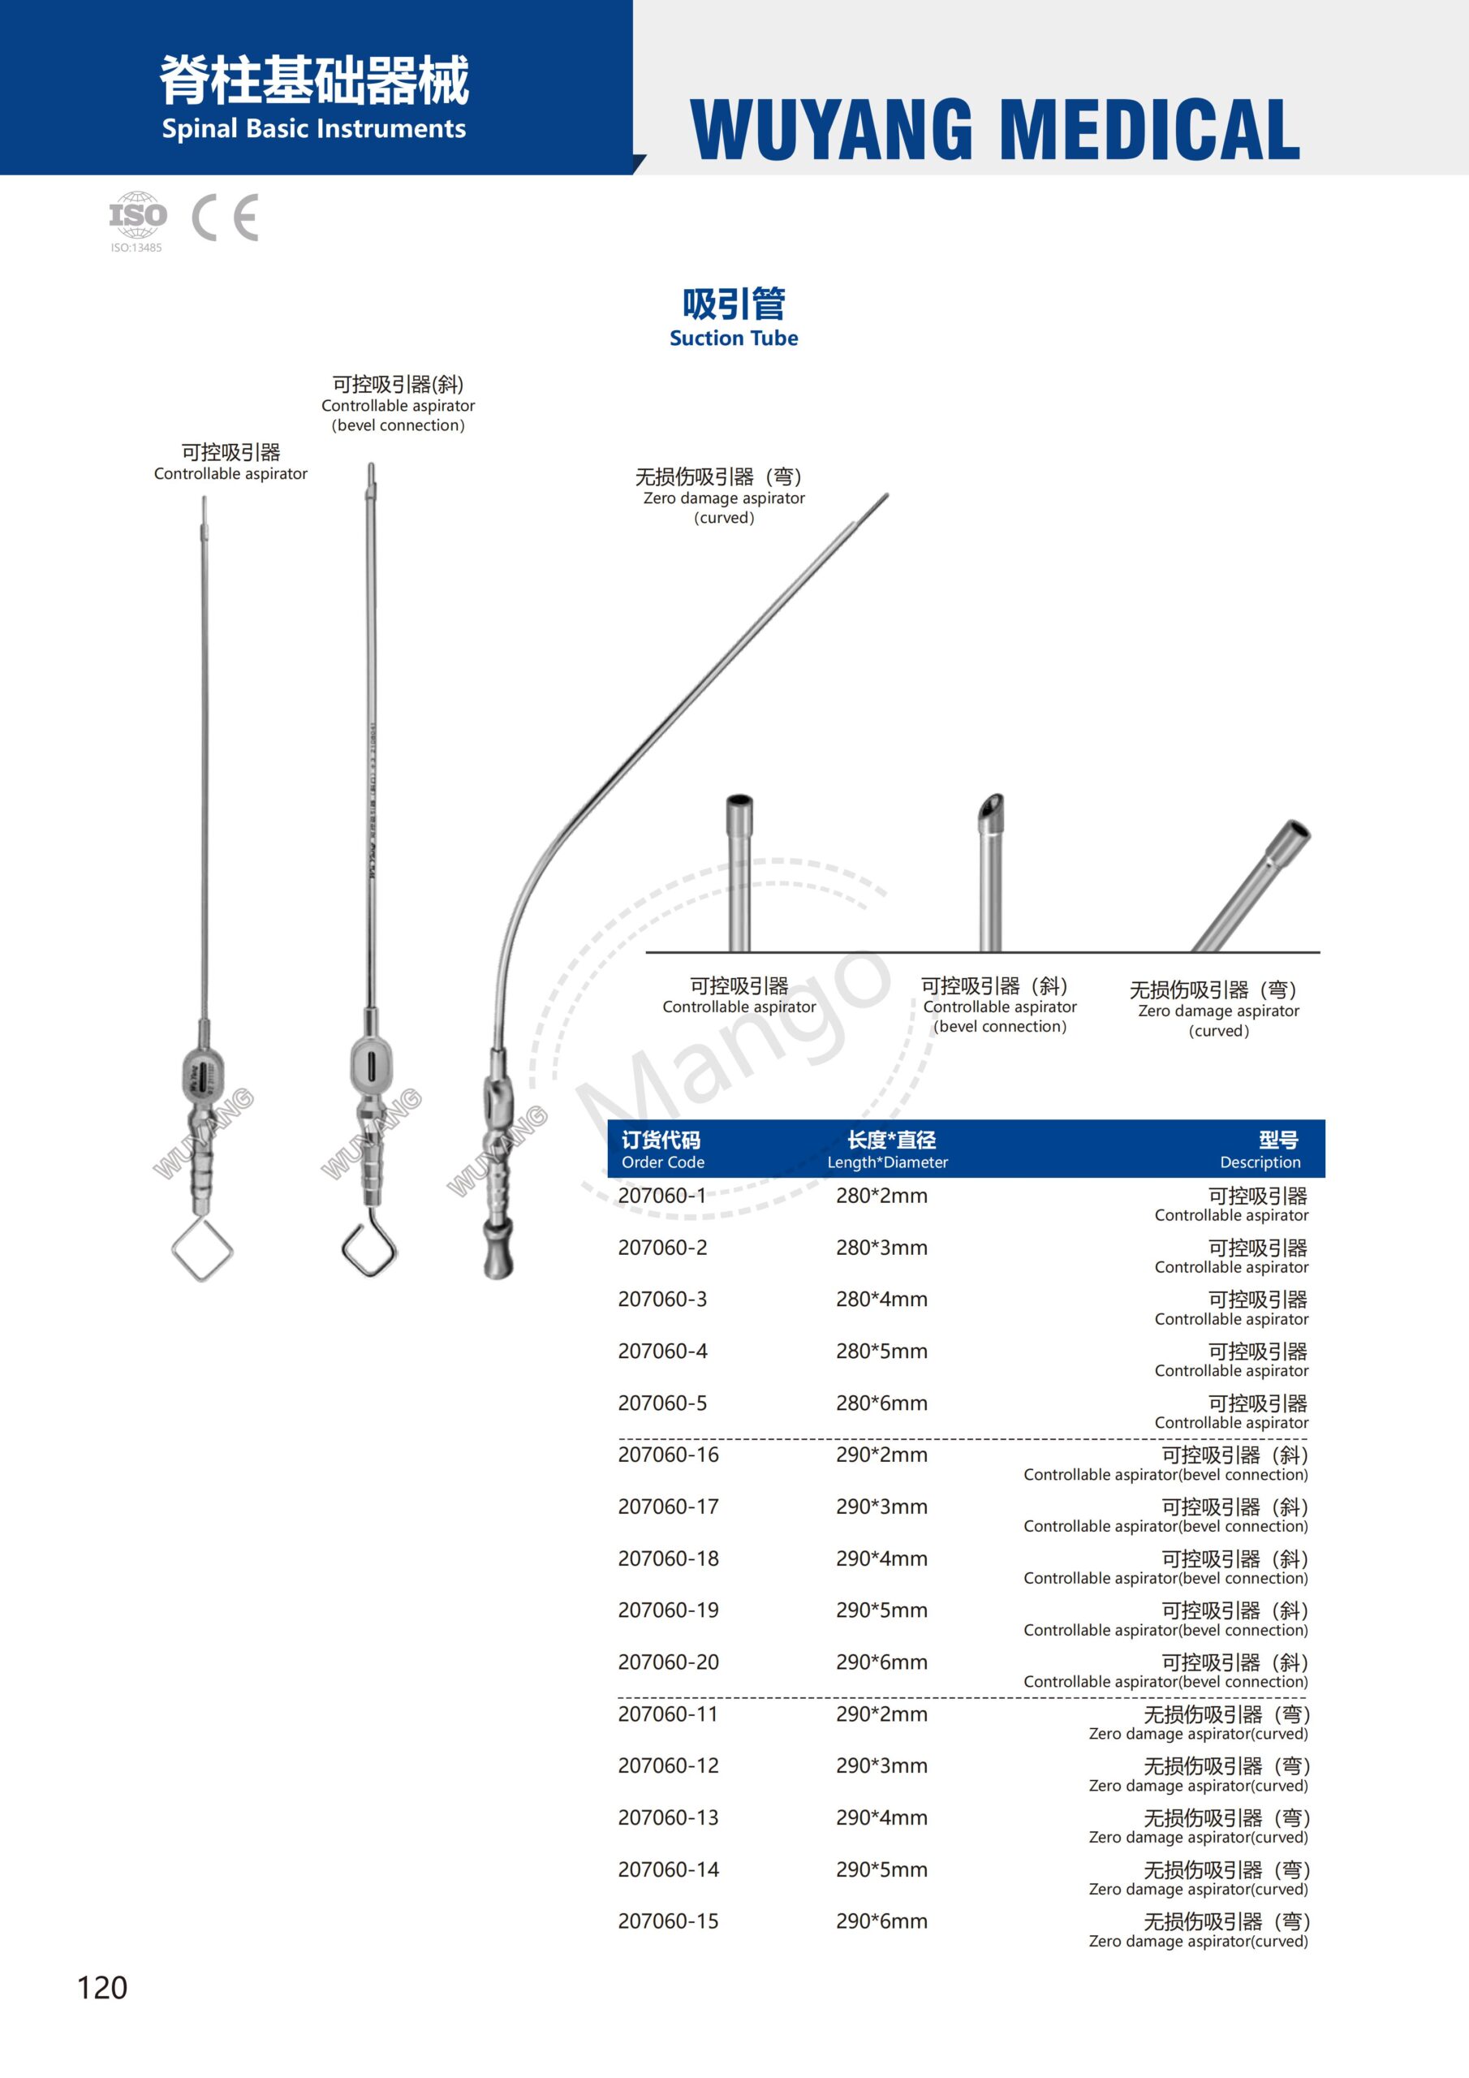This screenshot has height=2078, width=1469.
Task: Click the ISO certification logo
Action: [x=138, y=218]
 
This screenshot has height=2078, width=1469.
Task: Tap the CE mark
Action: [x=226, y=218]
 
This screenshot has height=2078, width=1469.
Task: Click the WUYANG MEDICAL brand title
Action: [x=995, y=129]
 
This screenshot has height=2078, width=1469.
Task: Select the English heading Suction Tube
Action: [x=733, y=338]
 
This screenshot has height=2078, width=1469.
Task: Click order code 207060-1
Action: [x=661, y=1196]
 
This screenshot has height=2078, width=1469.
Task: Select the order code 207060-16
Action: [x=668, y=1455]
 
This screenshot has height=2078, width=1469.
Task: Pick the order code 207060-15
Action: [x=668, y=1921]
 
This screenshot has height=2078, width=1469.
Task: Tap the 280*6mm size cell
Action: [x=881, y=1403]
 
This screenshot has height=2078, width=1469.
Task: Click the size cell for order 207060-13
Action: [x=881, y=1817]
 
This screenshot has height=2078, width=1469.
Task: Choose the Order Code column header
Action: [x=661, y=1149]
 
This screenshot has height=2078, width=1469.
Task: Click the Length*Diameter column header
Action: [x=888, y=1149]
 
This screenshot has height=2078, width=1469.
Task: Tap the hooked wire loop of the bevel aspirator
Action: [x=369, y=1247]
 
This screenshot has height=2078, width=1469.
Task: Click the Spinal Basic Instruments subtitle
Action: [x=313, y=129]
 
